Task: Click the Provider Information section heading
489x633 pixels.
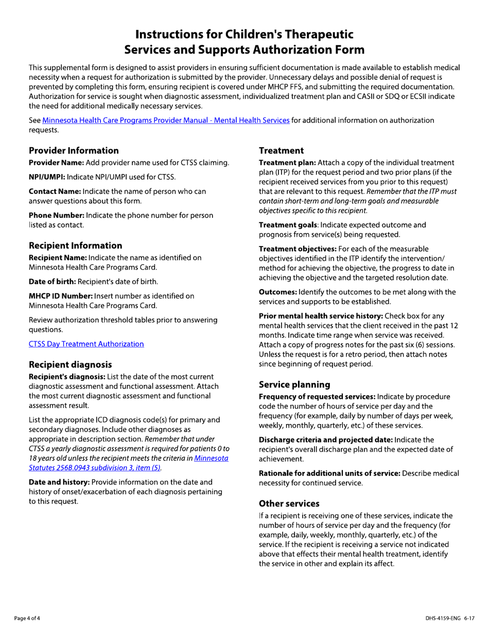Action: (x=74, y=151)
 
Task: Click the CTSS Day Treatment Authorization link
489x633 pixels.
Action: (x=86, y=344)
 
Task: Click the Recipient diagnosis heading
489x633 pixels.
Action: (x=71, y=364)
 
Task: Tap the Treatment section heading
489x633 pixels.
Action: (x=281, y=151)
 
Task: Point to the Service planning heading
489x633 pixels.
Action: (x=294, y=384)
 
